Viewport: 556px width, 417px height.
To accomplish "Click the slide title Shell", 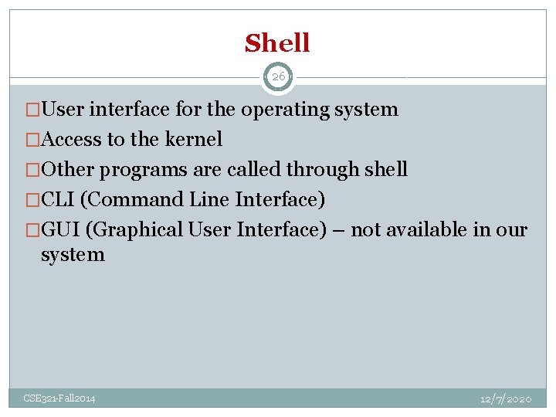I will (x=277, y=43).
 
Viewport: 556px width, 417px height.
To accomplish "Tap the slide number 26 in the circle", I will (x=278, y=76).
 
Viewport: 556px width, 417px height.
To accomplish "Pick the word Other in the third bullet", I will (x=68, y=170).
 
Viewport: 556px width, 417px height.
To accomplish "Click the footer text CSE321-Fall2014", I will (x=59, y=398).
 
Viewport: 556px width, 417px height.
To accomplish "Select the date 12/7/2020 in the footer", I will (x=505, y=398).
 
